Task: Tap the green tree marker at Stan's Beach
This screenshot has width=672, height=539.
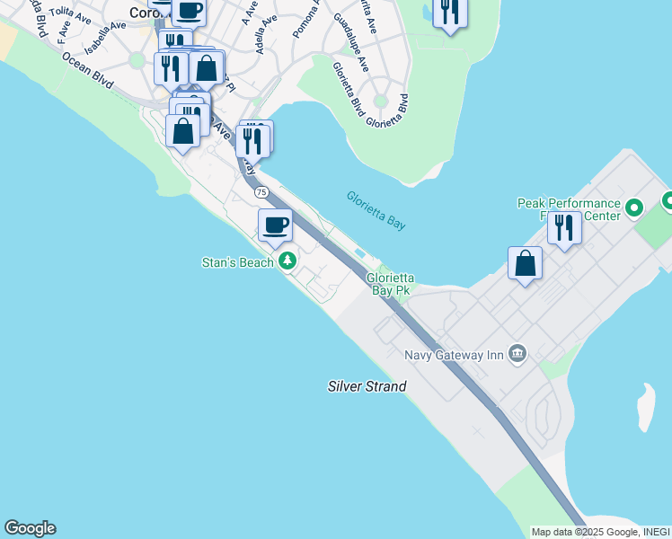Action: click(287, 261)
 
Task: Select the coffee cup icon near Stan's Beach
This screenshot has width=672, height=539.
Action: click(276, 225)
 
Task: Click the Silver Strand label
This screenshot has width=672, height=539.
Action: click(367, 386)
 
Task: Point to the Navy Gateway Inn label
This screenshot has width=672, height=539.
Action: click(453, 355)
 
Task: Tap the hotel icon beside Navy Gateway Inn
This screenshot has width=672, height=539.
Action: click(517, 354)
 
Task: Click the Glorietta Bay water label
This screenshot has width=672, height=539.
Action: click(376, 210)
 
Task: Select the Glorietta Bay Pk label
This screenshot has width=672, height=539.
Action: click(388, 285)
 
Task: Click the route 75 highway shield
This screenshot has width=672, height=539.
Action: click(261, 192)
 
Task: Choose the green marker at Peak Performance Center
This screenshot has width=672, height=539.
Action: click(634, 208)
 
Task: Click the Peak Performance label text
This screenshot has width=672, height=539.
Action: click(569, 204)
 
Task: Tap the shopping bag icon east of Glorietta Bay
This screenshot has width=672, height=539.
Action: click(525, 263)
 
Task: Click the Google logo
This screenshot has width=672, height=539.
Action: click(30, 528)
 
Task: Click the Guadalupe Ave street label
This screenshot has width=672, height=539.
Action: click(351, 42)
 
